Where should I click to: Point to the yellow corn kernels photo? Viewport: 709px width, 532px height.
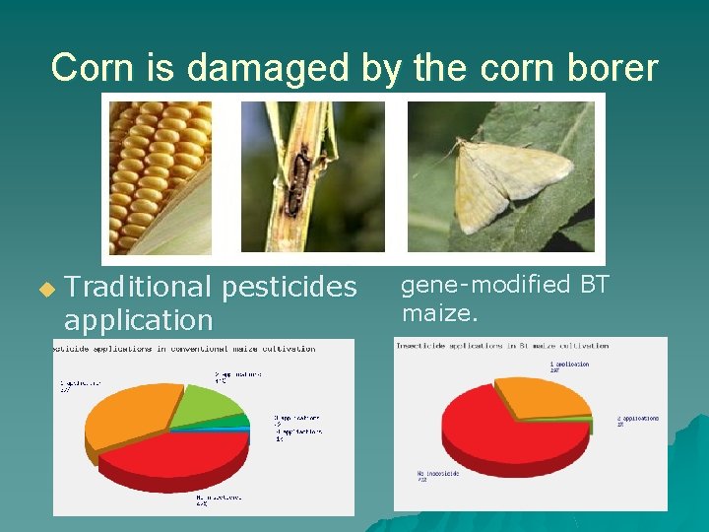click(160, 176)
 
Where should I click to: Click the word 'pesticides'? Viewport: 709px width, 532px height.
click(290, 287)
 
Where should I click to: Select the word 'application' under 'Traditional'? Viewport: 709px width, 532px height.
click(138, 319)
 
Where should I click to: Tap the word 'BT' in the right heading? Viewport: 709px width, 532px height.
click(595, 285)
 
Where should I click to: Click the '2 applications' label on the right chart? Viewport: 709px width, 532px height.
click(638, 421)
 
